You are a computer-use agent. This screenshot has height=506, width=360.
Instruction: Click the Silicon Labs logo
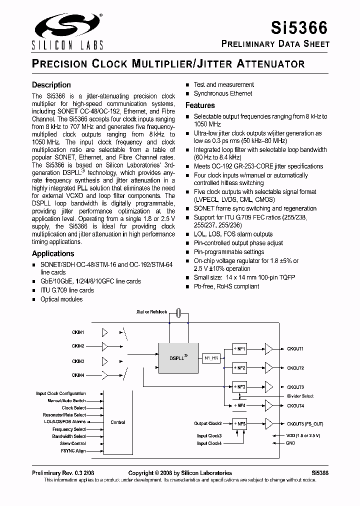point(67,31)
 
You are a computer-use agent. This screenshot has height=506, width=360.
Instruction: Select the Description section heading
point(51,85)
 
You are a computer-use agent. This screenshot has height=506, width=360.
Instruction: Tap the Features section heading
point(200,105)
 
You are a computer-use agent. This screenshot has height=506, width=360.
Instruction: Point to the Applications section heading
point(53,253)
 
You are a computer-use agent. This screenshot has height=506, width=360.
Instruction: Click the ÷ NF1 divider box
point(239,348)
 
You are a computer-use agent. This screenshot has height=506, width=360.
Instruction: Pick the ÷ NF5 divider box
point(239,424)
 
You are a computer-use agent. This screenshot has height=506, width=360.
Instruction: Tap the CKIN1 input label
point(78,332)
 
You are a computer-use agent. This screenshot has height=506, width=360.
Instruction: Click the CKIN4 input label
point(78,375)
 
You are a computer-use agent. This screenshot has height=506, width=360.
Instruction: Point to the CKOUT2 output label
point(295,368)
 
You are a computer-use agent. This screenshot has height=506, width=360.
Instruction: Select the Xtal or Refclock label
point(151,312)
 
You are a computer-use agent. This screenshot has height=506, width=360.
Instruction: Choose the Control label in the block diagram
point(118,422)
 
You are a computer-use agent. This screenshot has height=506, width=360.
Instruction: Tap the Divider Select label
point(300,396)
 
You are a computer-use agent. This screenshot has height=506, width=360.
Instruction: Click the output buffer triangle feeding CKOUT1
point(269,348)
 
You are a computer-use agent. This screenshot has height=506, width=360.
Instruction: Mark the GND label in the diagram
point(290,443)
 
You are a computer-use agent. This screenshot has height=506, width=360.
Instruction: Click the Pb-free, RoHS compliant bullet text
point(226,286)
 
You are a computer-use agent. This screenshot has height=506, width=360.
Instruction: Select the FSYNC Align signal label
point(73,451)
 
